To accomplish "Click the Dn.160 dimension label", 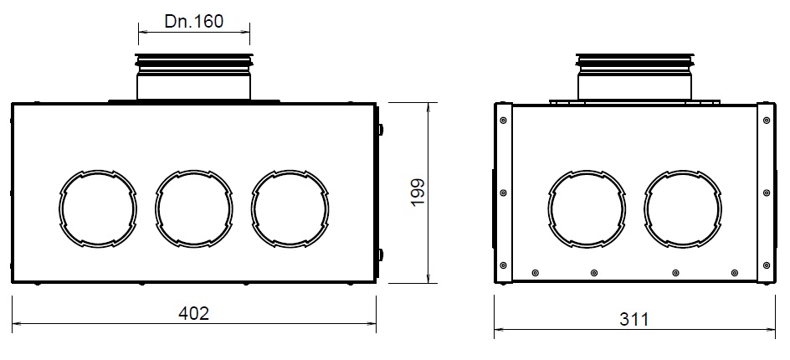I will point(193,21).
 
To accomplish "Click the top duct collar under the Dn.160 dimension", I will point(193,77).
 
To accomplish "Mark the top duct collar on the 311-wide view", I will point(634,77).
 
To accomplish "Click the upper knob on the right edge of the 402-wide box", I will point(381,130).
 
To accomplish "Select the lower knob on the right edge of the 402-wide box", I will point(381,253).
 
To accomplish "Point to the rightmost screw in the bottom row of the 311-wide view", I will point(735,272).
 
